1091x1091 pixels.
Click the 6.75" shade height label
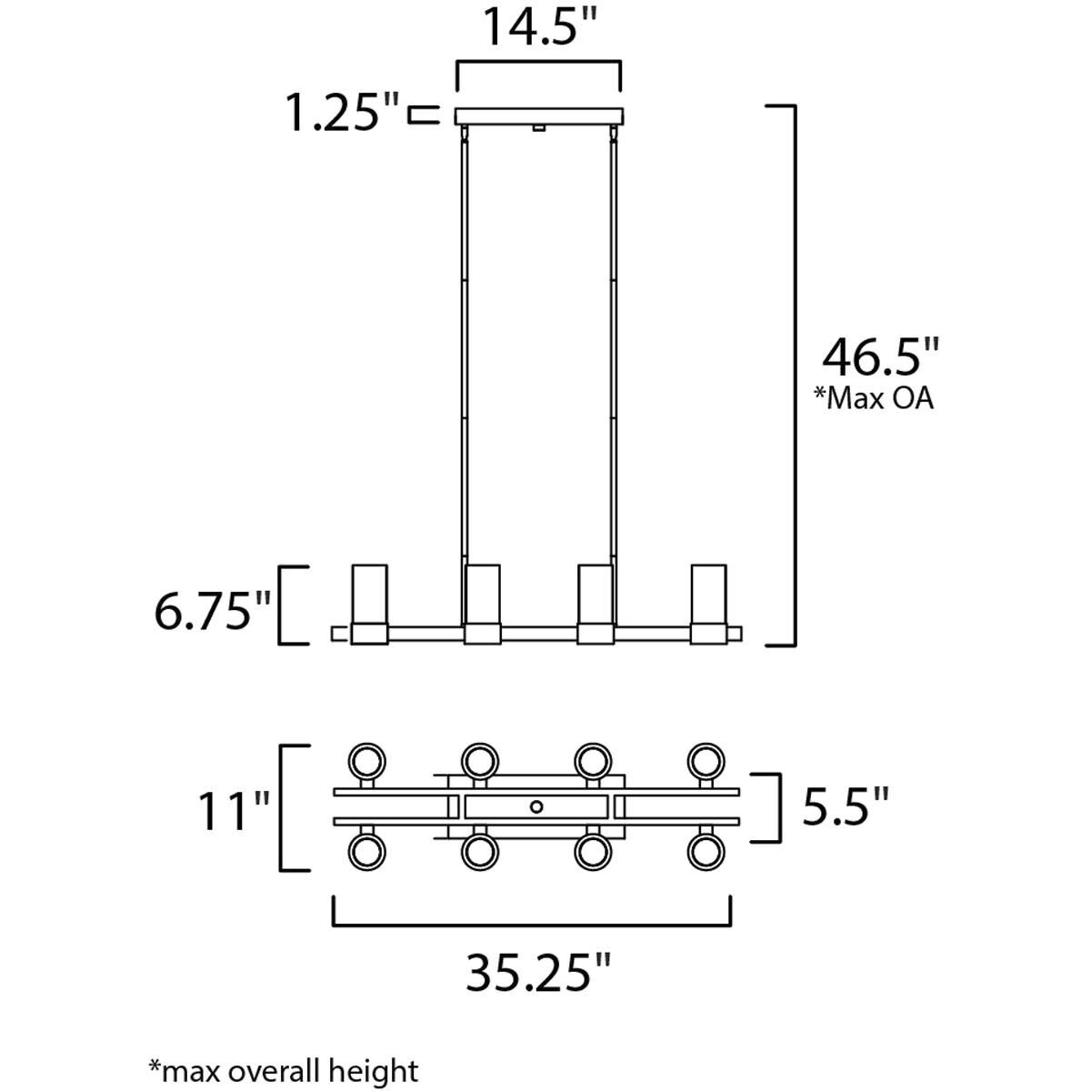pos(213,613)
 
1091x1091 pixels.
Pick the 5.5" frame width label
pos(845,805)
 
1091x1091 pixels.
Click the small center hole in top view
pos(536,806)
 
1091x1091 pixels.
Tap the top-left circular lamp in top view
pos(367,759)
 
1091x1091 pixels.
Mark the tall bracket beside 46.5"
pos(795,375)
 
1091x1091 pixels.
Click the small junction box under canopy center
pos(538,129)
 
